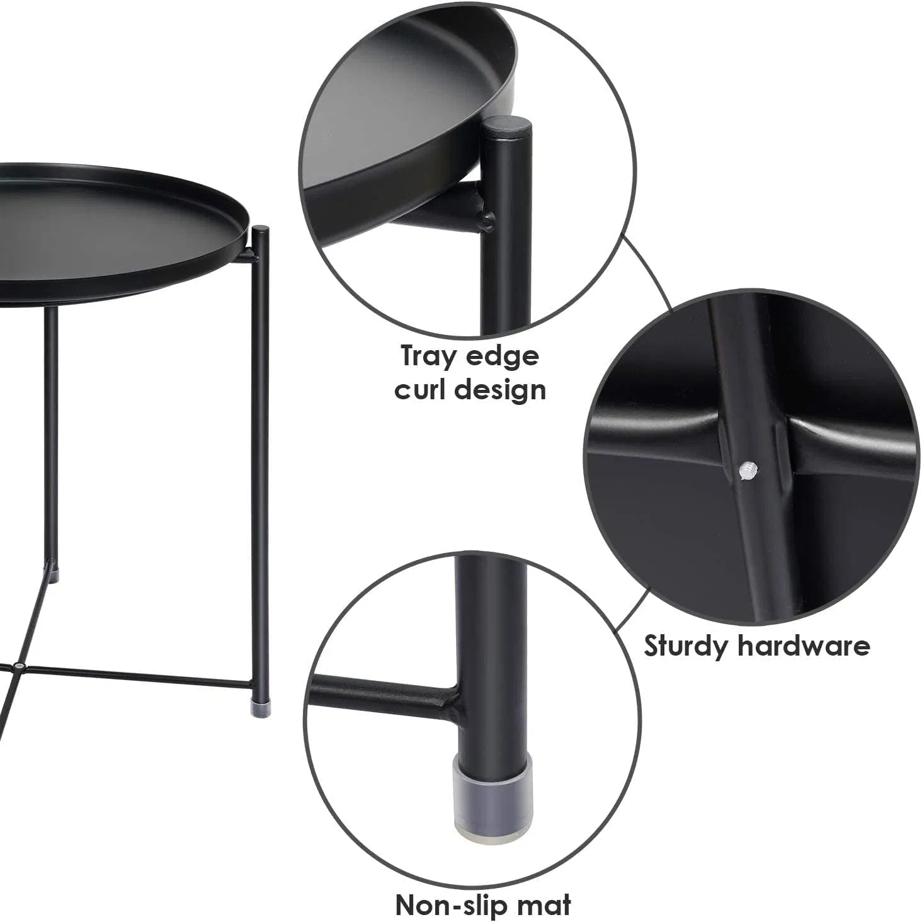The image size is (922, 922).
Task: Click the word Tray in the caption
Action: pyautogui.click(x=428, y=357)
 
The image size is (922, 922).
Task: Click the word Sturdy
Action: pyautogui.click(x=685, y=646)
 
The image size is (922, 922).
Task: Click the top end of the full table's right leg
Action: pyautogui.click(x=260, y=230)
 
